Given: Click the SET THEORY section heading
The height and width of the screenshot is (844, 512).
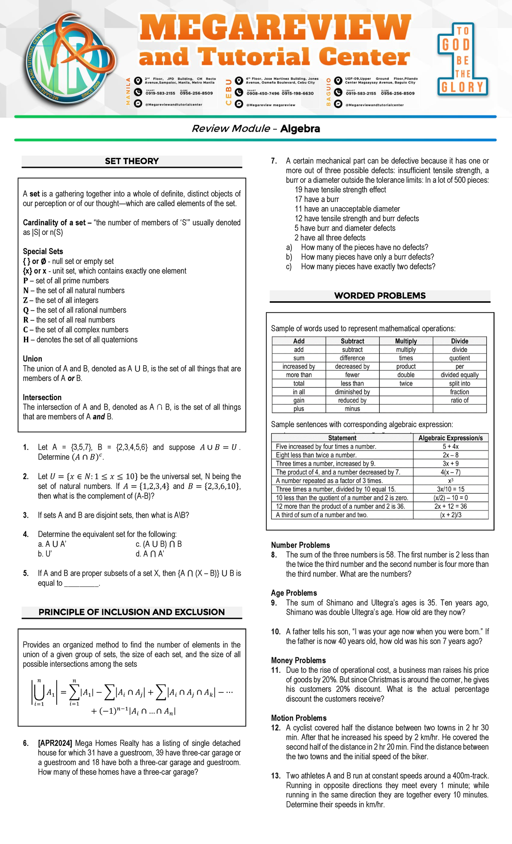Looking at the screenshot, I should pos(132,161).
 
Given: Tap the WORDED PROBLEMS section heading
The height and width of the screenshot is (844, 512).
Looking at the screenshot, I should pos(380,296).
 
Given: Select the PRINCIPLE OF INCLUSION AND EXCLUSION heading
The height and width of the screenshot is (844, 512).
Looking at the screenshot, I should pos(131,612).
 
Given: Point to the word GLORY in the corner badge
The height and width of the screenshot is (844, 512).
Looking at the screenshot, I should pos(462,88).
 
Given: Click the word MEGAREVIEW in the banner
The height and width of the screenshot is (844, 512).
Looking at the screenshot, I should pos(275,28).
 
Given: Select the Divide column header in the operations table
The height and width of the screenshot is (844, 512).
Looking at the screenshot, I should pos(460,341).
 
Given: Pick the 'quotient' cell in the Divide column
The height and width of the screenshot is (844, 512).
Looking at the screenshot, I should pos(460,358).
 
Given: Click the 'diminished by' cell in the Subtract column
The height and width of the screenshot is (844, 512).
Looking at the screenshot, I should pos(352,392).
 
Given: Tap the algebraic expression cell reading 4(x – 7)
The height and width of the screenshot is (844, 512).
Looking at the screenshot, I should pos(450,472).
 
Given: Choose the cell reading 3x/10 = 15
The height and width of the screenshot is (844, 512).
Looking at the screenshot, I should pos(450,489).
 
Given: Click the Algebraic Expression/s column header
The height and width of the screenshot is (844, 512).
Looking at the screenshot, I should pos(450,438).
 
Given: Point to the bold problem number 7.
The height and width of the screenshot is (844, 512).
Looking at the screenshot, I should pos(274,161).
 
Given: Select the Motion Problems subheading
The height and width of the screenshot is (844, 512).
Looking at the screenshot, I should pos(299,718).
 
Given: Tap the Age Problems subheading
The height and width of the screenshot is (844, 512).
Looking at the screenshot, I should pos(294,593).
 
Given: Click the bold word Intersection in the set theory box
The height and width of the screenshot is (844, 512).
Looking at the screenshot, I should pos(42,397).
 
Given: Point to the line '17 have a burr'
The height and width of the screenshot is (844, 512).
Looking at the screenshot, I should pos(317,199).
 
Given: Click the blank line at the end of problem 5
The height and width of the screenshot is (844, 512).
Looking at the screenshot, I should pos(81,584).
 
